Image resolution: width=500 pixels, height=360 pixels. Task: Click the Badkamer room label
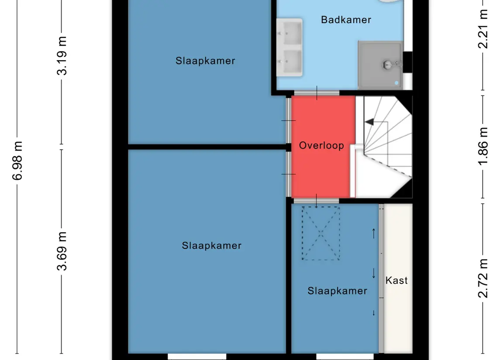click(x=346, y=20)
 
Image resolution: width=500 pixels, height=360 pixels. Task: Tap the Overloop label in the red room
click(x=321, y=146)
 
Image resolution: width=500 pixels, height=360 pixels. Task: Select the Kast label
click(x=397, y=280)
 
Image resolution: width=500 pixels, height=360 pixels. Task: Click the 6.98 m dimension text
click(x=17, y=161)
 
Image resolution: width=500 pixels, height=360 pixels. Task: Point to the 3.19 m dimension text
click(x=62, y=56)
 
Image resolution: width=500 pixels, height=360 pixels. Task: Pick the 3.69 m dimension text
click(x=62, y=251)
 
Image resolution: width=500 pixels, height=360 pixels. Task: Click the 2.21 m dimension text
click(x=483, y=29)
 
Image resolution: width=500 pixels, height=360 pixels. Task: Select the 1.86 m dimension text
click(x=483, y=146)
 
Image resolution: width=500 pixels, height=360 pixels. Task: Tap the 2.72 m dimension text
click(x=483, y=278)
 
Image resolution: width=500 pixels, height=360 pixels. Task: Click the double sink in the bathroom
click(x=289, y=48)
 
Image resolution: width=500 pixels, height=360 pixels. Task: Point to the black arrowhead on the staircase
click(x=369, y=122)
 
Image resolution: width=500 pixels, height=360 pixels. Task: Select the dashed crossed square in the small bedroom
click(x=321, y=233)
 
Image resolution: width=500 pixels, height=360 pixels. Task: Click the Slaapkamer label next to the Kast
click(x=338, y=291)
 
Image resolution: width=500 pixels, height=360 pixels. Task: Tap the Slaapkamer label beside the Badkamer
click(x=205, y=61)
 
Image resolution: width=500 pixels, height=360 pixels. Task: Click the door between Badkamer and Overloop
click(x=317, y=93)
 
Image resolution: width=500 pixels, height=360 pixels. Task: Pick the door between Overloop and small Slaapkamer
click(x=316, y=201)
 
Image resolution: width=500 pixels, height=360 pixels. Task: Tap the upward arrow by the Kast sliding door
click(x=374, y=233)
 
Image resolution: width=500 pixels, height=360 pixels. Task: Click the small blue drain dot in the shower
click(x=397, y=83)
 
